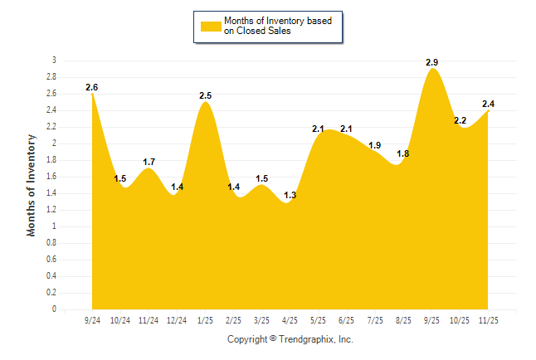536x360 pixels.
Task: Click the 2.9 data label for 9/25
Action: pos(431,62)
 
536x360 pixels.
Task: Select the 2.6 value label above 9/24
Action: pos(91,87)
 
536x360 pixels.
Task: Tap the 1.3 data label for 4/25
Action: pos(290,195)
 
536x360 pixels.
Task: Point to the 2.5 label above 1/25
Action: pos(206,95)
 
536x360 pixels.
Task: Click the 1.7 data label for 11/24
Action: pos(149,162)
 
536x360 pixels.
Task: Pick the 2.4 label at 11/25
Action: pos(489,104)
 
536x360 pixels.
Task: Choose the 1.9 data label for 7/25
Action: pos(375,145)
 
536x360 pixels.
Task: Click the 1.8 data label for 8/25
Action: pos(403,153)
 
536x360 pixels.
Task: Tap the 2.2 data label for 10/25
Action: pos(460,120)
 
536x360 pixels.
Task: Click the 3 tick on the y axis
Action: pos(54,61)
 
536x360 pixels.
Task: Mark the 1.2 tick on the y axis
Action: pos(51,210)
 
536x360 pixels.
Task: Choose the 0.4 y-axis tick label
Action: pos(51,276)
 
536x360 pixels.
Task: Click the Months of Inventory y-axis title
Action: pos(32,185)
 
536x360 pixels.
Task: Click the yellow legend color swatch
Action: pos(210,26)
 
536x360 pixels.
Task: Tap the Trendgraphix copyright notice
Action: pos(290,339)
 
